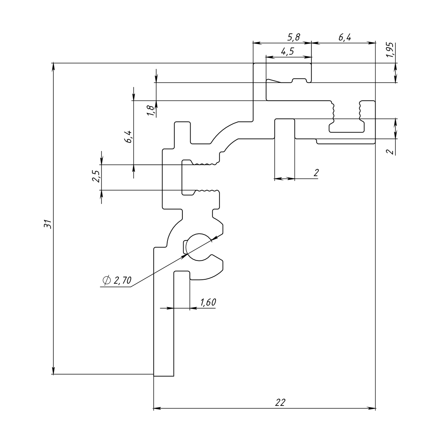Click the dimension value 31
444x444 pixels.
click(47, 224)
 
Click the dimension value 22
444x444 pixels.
click(280, 402)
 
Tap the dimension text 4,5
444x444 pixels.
click(287, 51)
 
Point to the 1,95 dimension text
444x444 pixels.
click(390, 50)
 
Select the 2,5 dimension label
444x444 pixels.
click(96, 176)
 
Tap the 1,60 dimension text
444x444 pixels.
click(208, 302)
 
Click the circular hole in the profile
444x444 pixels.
click(198, 248)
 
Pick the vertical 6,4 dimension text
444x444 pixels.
click(128, 137)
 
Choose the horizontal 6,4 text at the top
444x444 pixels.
click(344, 37)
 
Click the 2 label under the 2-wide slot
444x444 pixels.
click(316, 172)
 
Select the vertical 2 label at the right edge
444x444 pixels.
click(389, 151)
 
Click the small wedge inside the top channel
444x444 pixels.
click(274, 80)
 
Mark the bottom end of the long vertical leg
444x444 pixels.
click(164, 376)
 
